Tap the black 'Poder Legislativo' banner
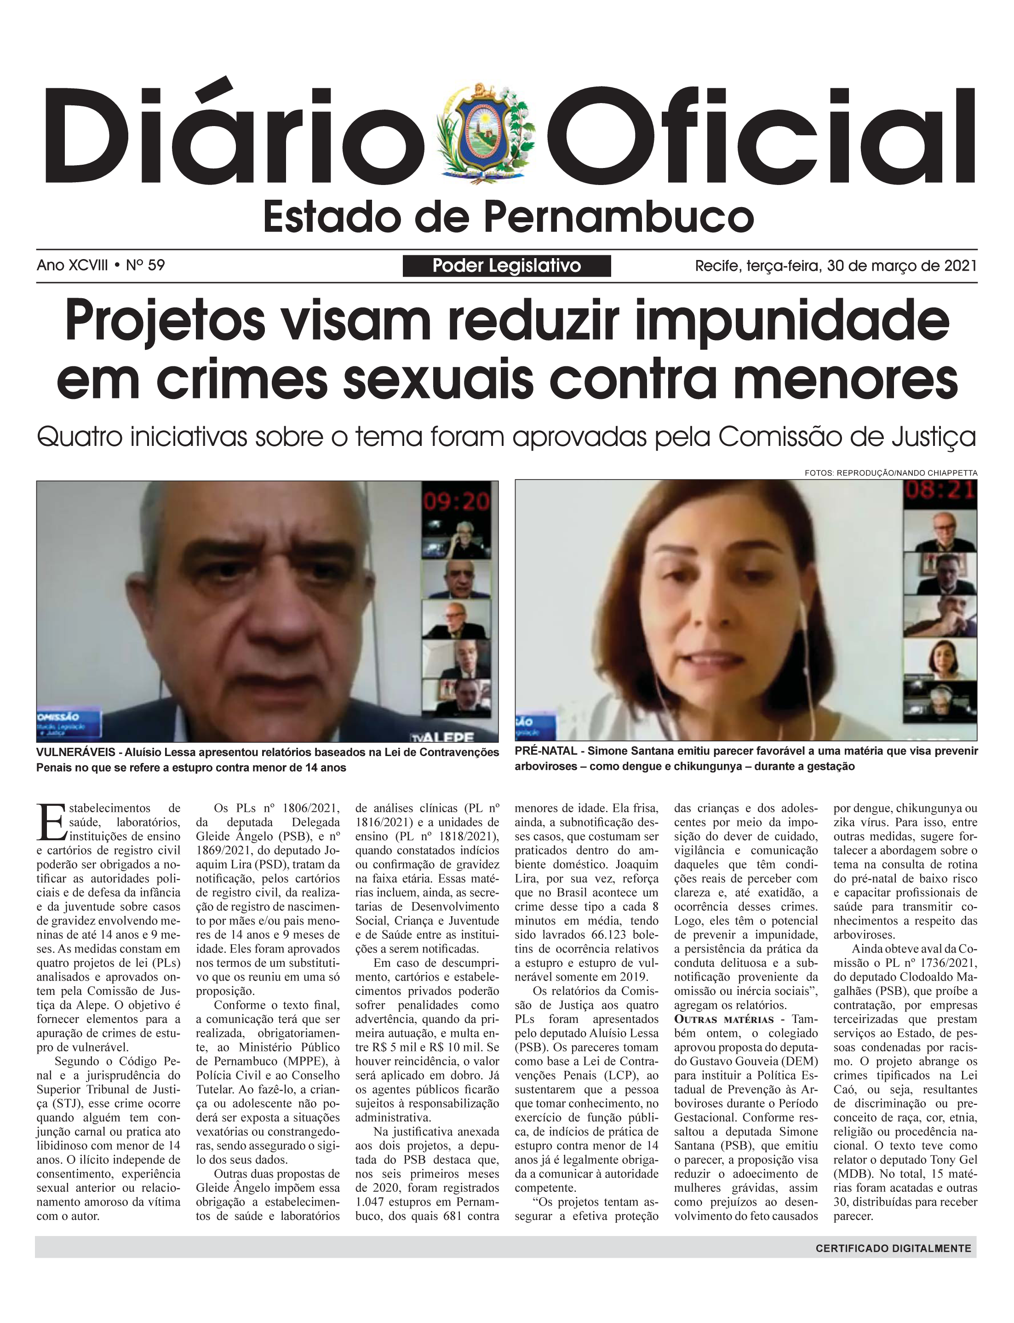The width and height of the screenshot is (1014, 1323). coord(506,266)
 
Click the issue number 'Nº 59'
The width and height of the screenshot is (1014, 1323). coord(145,265)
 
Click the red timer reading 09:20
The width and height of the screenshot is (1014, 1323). coord(456,501)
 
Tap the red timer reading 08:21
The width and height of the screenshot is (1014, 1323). coord(939,490)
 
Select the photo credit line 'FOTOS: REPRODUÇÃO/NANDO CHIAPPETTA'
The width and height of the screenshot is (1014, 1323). coord(890,473)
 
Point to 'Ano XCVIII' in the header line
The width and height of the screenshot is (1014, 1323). coord(73,265)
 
